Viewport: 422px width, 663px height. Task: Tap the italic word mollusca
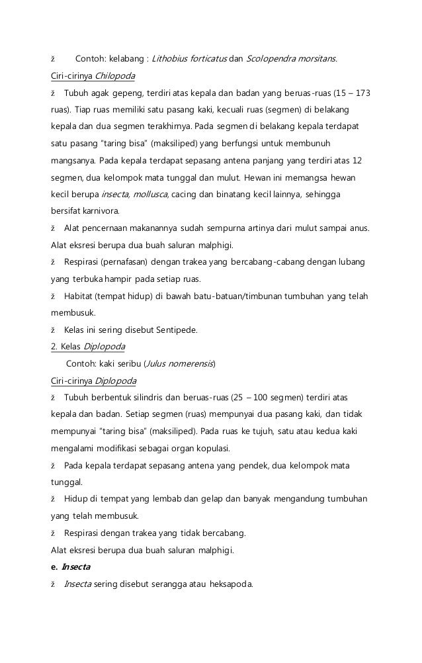point(151,195)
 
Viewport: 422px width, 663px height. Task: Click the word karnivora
point(93,212)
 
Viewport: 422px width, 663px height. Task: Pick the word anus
point(360,229)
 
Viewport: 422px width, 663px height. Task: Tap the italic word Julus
point(155,363)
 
